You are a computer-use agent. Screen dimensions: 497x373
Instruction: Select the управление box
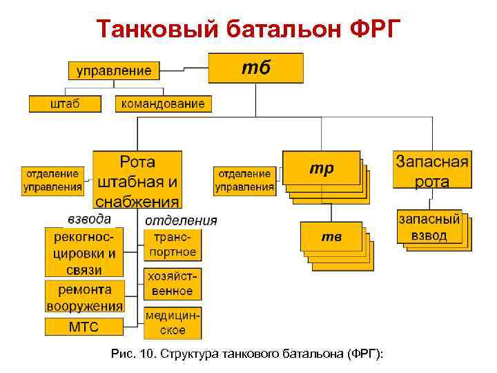tap(114, 70)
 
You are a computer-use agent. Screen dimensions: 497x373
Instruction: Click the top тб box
tap(256, 68)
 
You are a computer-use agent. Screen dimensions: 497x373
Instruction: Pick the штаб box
tap(65, 104)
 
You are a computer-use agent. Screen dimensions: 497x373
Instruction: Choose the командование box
tap(163, 104)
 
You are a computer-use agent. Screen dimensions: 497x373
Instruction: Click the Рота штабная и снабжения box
tap(137, 180)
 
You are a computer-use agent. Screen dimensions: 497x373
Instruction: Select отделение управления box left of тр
tap(244, 180)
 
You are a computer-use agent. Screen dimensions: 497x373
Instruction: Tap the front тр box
tap(321, 169)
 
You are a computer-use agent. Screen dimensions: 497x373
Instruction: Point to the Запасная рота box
tap(432, 171)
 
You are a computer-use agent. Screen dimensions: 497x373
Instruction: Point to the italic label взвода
tap(89, 219)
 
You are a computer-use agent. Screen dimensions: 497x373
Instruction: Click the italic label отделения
tap(181, 220)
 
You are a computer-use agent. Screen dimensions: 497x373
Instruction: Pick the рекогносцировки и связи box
tap(84, 252)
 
